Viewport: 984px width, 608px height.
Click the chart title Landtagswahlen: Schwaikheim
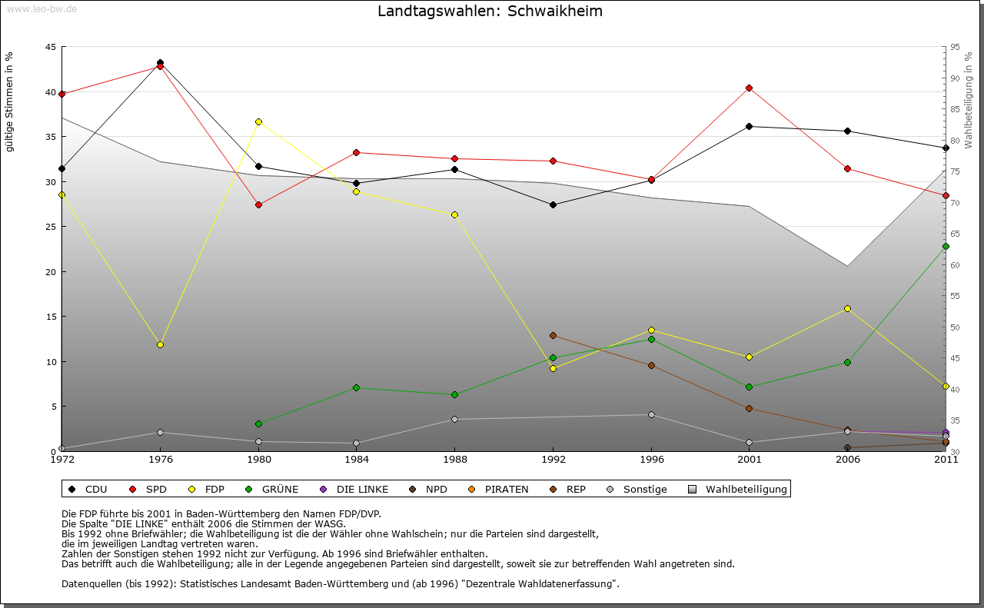490,12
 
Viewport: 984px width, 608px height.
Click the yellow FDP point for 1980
258,121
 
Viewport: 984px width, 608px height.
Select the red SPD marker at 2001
749,88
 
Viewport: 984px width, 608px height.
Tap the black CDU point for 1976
160,62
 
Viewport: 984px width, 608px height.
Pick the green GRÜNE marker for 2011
946,246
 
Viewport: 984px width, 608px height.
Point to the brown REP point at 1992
553,335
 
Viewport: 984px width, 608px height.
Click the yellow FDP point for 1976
160,344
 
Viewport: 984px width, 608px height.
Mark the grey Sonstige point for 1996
651,414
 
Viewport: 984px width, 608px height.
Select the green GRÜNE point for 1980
258,424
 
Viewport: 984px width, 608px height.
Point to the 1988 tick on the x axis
454,460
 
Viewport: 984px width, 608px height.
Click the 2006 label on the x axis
847,460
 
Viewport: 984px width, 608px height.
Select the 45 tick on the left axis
50,47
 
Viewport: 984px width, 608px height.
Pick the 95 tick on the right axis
955,47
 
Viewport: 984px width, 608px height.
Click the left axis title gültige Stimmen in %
10,101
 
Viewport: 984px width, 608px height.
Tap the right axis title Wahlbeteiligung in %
968,101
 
